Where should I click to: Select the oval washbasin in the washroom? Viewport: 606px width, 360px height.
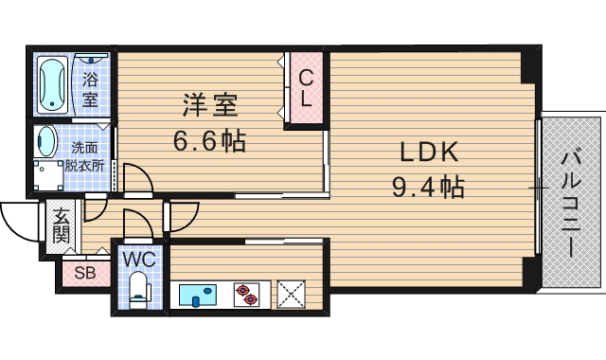point(45,143)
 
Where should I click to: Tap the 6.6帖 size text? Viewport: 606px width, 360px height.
point(208,142)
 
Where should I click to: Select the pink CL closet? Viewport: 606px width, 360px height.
point(307,88)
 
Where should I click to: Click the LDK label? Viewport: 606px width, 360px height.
point(427,153)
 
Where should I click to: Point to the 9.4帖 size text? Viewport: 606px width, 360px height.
point(428,187)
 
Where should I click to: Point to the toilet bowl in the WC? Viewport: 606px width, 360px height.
point(138,290)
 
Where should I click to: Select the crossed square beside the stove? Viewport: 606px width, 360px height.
point(292,296)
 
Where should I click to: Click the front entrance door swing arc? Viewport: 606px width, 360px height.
point(19,224)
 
